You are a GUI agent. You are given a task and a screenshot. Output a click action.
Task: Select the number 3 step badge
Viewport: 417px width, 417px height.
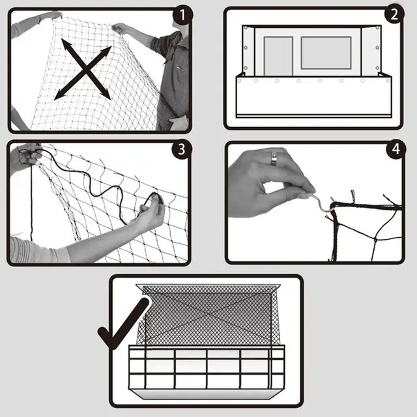click(182, 151)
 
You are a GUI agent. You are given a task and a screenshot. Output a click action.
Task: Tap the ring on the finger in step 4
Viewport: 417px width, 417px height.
click(274, 158)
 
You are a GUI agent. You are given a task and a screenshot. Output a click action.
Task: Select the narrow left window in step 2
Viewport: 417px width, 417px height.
click(278, 55)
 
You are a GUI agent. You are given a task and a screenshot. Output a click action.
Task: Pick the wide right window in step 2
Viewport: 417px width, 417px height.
click(326, 53)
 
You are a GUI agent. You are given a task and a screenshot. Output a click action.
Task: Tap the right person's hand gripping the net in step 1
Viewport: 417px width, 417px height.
click(120, 28)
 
